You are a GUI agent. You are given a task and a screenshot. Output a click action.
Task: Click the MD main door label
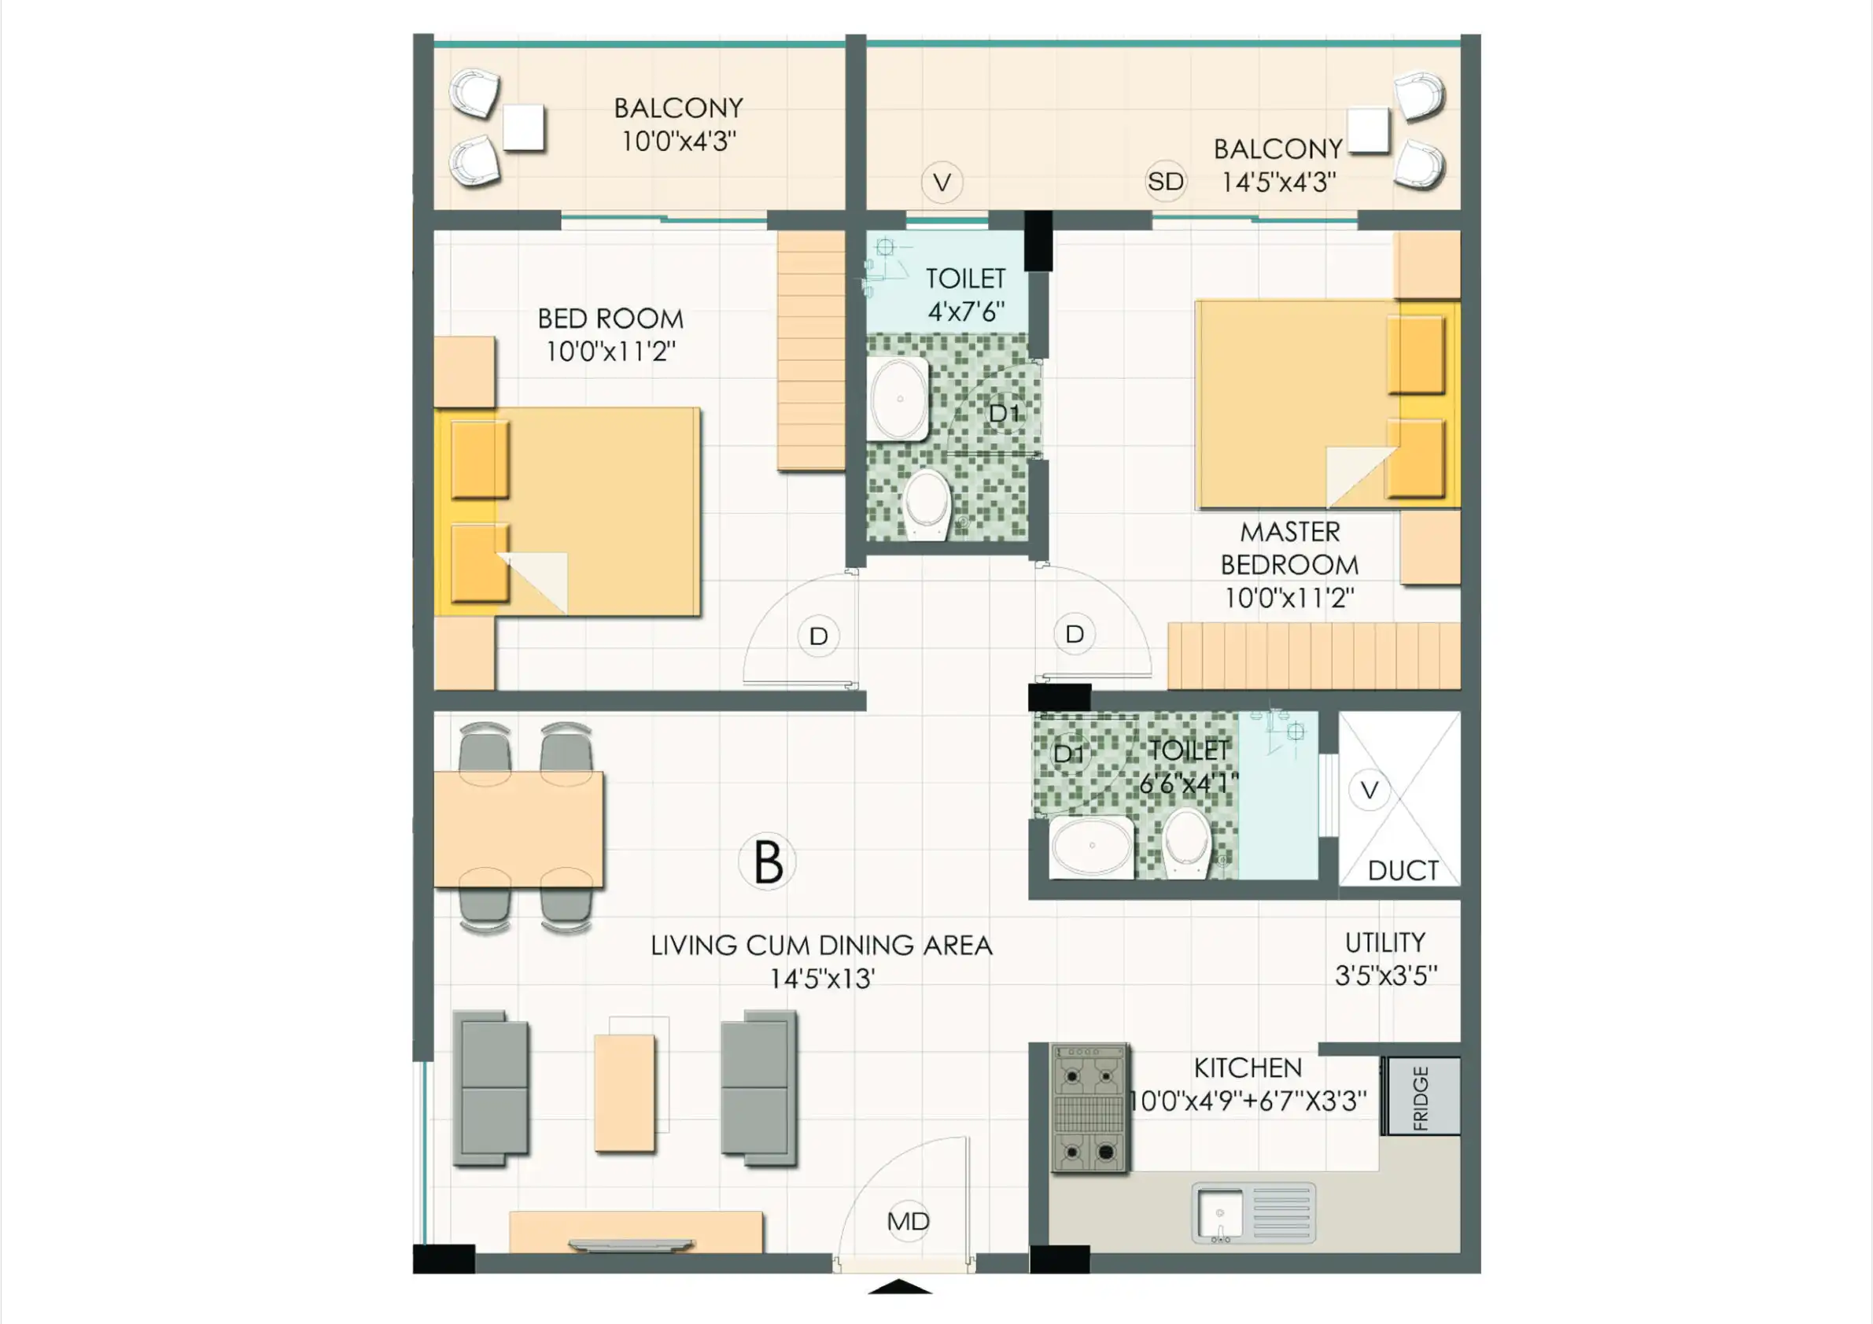tap(908, 1221)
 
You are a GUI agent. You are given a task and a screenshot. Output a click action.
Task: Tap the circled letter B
tap(767, 861)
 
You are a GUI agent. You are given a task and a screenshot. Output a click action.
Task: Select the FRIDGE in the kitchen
tap(1421, 1097)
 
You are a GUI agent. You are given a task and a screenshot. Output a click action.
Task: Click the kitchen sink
tap(1253, 1212)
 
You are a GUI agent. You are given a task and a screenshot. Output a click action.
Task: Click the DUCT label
tap(1403, 870)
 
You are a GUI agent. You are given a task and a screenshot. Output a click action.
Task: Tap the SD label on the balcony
tap(1165, 181)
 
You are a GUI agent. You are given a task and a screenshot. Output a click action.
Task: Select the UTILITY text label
tap(1385, 942)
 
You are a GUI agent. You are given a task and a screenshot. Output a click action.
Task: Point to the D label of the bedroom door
tap(818, 636)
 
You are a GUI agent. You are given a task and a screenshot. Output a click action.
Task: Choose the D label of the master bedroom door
tap(1075, 634)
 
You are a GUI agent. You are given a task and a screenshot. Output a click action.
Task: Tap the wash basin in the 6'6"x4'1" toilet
tap(1092, 847)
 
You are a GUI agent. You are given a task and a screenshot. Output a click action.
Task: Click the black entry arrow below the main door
tap(899, 1286)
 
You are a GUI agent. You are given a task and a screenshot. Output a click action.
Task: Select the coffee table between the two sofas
tap(625, 1093)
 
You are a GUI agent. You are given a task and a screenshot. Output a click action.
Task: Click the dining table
tap(519, 829)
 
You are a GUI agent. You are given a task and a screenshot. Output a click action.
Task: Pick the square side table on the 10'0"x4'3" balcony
tap(523, 128)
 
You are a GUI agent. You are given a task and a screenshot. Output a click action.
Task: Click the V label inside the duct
tap(1370, 789)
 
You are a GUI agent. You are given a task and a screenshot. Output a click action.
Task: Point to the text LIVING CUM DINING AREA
tap(821, 946)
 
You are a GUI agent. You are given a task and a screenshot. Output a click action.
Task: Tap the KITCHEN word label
tap(1248, 1068)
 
